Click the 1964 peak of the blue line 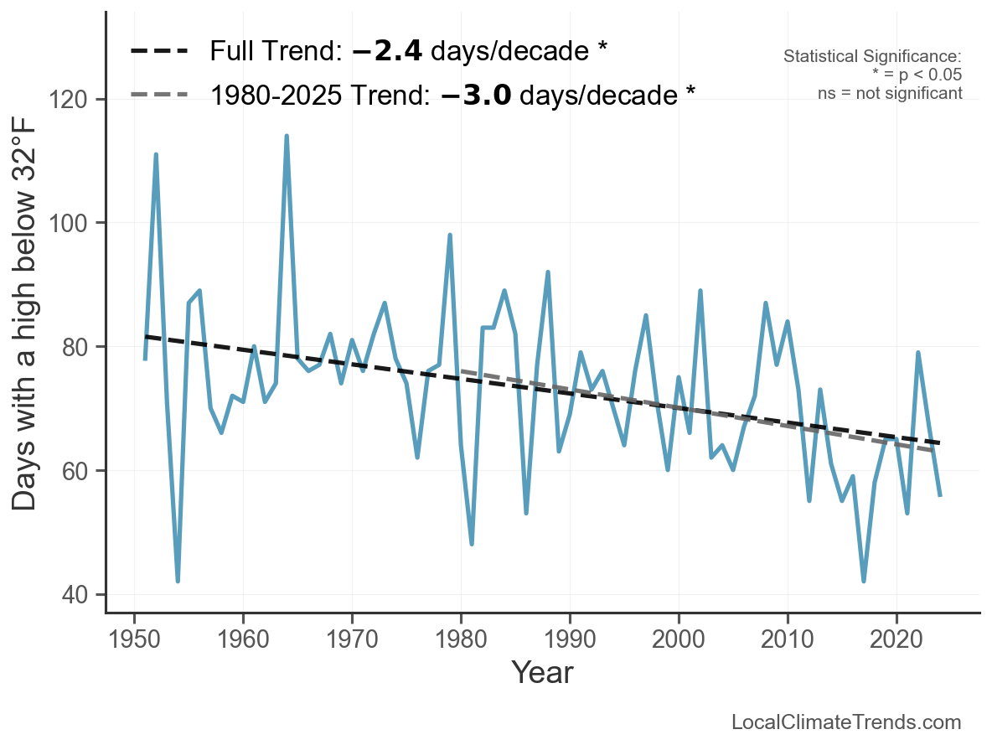[287, 136]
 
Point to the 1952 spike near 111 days [156, 154]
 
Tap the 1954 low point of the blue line [178, 581]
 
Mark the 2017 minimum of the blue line [864, 581]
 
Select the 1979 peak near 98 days [450, 235]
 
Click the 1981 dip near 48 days [472, 544]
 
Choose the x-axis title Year [542, 672]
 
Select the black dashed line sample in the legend [159, 52]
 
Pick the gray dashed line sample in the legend [159, 95]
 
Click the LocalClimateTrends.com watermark [846, 722]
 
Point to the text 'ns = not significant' [890, 93]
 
